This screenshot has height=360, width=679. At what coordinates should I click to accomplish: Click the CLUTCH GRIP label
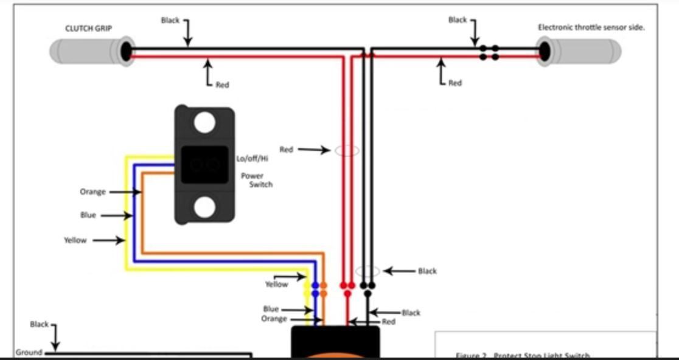(89, 28)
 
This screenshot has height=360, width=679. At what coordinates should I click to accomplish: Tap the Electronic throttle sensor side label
(591, 27)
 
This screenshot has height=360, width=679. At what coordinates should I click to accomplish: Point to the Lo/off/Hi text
(252, 159)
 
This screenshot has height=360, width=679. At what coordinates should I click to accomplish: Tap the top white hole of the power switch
(204, 123)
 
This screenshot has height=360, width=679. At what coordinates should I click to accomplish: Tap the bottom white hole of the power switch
(204, 207)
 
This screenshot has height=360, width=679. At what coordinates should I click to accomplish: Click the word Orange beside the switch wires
(92, 192)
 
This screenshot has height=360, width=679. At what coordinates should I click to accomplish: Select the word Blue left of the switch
(88, 215)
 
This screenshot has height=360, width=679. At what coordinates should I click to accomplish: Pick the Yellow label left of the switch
(75, 240)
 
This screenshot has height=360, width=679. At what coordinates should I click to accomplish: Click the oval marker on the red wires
(347, 150)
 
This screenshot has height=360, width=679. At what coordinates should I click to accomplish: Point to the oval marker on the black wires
(367, 271)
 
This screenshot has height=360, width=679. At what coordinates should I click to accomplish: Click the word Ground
(29, 353)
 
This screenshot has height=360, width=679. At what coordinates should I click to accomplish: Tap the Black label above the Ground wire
(39, 324)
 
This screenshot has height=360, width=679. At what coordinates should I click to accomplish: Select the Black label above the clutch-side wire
(170, 20)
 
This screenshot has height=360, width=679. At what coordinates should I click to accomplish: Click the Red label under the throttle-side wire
(454, 83)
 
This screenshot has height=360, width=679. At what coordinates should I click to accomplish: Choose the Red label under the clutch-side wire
(222, 85)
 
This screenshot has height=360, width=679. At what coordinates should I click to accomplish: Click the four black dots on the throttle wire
(489, 52)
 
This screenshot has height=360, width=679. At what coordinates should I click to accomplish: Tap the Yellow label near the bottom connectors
(276, 284)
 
